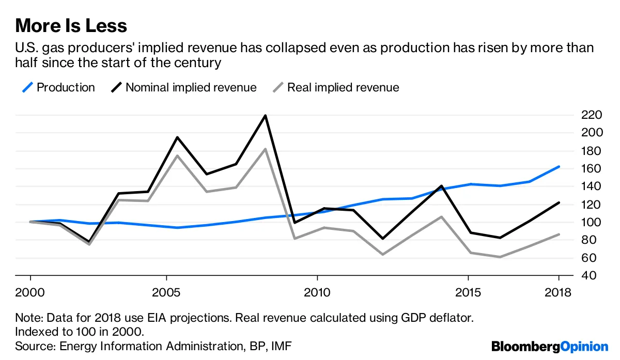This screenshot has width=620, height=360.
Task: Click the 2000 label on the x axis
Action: pyautogui.click(x=30, y=293)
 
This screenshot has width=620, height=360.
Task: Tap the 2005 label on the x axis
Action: pyautogui.click(x=166, y=293)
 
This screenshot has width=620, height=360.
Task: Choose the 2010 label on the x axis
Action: pyautogui.click(x=317, y=293)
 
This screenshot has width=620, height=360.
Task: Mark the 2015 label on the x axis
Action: pyautogui.click(x=468, y=293)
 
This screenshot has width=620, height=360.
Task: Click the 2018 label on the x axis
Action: pyautogui.click(x=559, y=293)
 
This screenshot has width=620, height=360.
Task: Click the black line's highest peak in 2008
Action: pyautogui.click(x=266, y=115)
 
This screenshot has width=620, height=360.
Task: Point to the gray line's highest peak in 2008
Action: pyautogui.click(x=266, y=149)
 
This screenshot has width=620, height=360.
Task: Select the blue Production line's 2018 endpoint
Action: pyautogui.click(x=559, y=166)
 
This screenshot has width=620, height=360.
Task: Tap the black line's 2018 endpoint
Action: pyautogui.click(x=559, y=202)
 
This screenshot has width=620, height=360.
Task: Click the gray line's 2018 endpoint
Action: pyautogui.click(x=559, y=234)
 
